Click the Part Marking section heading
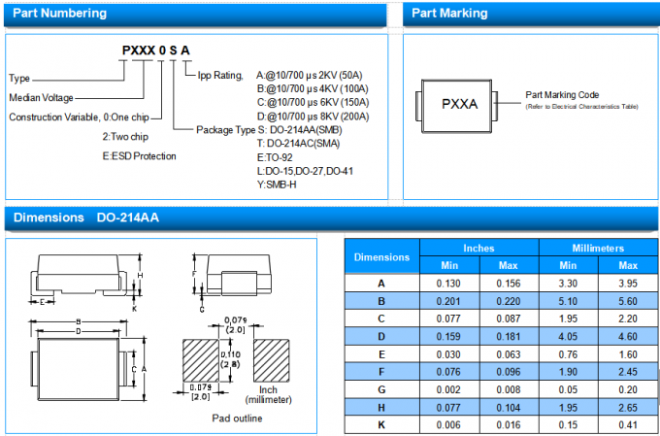[x=450, y=14]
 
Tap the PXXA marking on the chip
[x=459, y=103]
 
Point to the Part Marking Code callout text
[x=563, y=95]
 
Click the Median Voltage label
[x=42, y=98]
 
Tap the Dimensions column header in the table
[x=381, y=257]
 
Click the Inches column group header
[x=478, y=249]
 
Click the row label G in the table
[x=381, y=388]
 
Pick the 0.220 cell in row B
[x=509, y=301]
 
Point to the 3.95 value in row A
[x=628, y=284]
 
